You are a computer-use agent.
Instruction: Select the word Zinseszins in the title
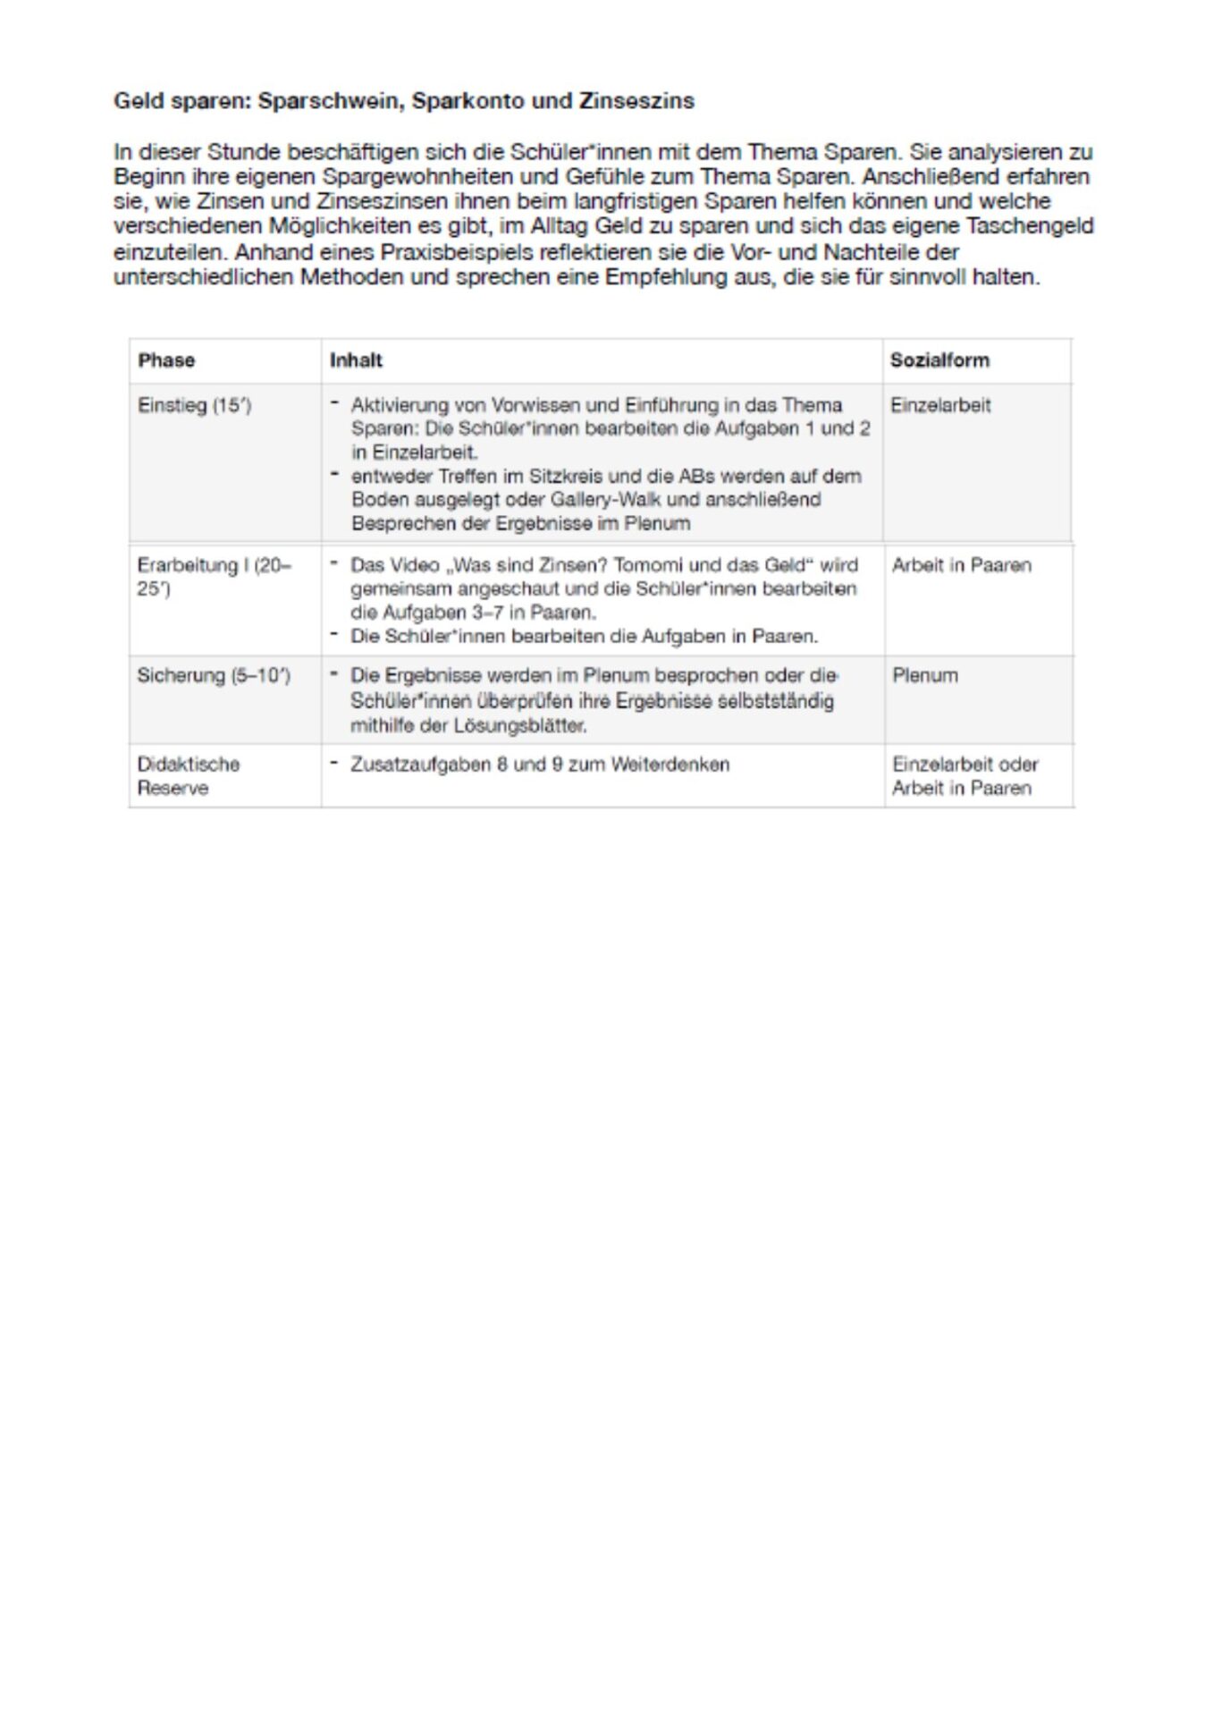(636, 101)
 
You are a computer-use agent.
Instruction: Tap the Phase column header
(166, 360)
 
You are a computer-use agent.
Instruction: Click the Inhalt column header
(356, 360)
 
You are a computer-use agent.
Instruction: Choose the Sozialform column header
(939, 360)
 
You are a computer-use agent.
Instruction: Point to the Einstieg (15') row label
(195, 405)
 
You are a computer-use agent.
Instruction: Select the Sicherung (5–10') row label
(214, 675)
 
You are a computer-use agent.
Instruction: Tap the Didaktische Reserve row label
(188, 776)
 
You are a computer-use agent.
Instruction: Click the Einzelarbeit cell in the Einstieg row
(940, 405)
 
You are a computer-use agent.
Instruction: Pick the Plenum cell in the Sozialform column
(924, 675)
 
